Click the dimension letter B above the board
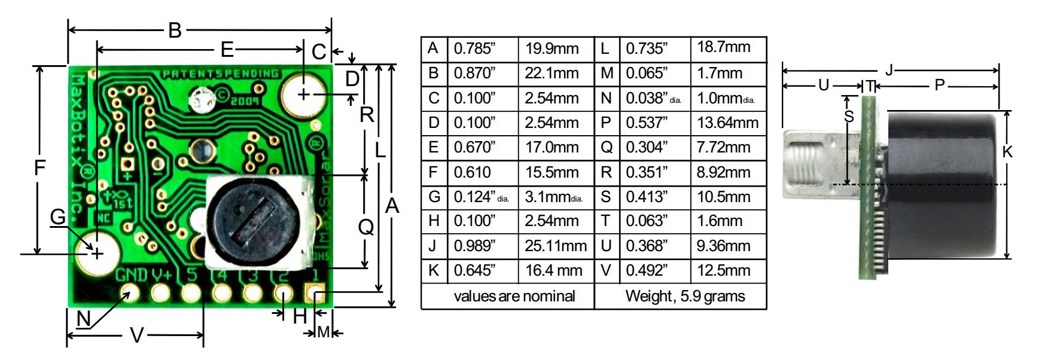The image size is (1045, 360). pyautogui.click(x=175, y=30)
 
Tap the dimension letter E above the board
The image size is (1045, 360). pyautogui.click(x=227, y=49)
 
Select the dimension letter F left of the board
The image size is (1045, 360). pyautogui.click(x=39, y=167)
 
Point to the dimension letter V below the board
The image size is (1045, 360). pyautogui.click(x=136, y=335)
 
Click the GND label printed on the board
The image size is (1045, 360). pyautogui.click(x=131, y=276)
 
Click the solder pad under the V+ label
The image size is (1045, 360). pyautogui.click(x=160, y=293)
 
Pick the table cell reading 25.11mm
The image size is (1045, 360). pyautogui.click(x=555, y=245)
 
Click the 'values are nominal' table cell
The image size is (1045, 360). pyautogui.click(x=507, y=296)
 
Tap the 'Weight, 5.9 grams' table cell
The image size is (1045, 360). pyautogui.click(x=681, y=296)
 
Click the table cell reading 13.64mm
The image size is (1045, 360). pyautogui.click(x=727, y=123)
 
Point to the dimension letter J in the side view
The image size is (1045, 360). pyautogui.click(x=889, y=70)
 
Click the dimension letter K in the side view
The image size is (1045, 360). pyautogui.click(x=1007, y=152)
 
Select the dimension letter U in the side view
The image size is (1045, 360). pyautogui.click(x=823, y=86)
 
